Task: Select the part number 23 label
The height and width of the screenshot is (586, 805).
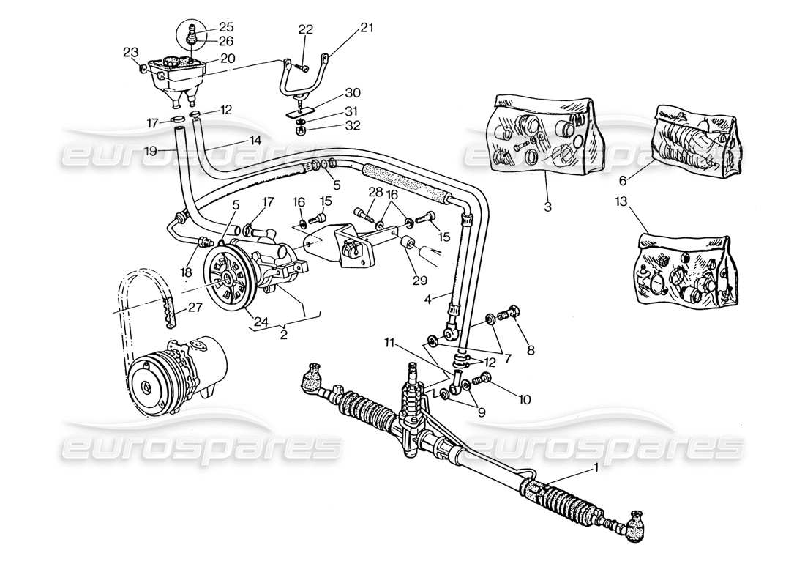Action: (130, 52)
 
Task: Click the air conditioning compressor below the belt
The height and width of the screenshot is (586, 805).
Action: (176, 374)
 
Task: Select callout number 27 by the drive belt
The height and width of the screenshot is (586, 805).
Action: (193, 308)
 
